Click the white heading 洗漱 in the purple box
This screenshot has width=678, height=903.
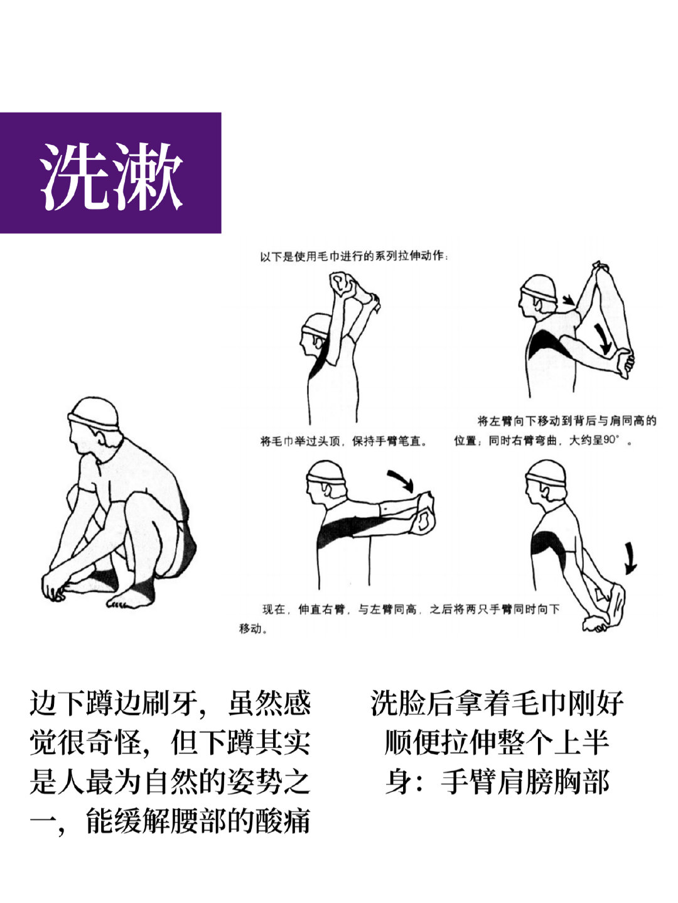111,176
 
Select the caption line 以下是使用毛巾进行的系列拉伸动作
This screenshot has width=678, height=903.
353,256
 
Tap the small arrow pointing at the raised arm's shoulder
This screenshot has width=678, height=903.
569,300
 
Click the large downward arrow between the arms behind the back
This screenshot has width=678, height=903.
603,338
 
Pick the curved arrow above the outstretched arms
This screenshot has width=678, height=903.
402,480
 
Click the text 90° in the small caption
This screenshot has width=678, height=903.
611,440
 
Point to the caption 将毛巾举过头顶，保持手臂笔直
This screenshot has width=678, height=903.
344,441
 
